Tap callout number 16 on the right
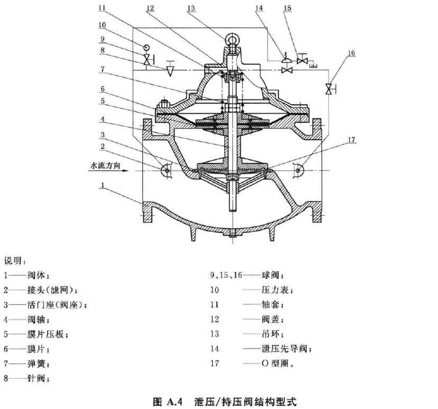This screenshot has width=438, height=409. click(x=352, y=53)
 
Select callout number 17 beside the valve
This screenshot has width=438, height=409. click(x=352, y=140)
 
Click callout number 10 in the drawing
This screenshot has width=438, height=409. click(x=102, y=25)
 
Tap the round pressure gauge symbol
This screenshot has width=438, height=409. click(x=147, y=47)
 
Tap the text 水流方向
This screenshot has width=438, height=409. click(x=105, y=166)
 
